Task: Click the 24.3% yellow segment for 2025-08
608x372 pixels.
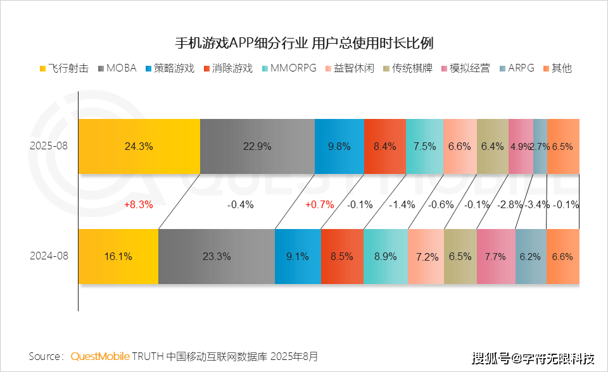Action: (x=139, y=146)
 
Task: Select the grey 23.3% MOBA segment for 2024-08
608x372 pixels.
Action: (x=217, y=257)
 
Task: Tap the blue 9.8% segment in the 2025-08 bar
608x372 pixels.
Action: (x=339, y=146)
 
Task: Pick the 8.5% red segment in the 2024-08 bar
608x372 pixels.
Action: (x=342, y=257)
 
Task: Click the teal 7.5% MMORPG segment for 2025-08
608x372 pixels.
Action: (x=424, y=146)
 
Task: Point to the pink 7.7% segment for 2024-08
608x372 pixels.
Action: (x=495, y=257)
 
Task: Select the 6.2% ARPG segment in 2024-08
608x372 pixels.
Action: (x=530, y=257)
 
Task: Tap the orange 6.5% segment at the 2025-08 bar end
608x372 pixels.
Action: (x=562, y=146)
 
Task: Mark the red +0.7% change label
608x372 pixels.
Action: (x=319, y=204)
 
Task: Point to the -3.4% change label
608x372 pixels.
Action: (x=537, y=204)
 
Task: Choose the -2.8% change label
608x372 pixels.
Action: (x=509, y=204)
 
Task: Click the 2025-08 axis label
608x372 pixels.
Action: (x=48, y=146)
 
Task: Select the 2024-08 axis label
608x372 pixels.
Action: (x=48, y=257)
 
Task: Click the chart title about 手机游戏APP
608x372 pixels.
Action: (x=304, y=43)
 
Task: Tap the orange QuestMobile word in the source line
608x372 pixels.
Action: (x=100, y=356)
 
